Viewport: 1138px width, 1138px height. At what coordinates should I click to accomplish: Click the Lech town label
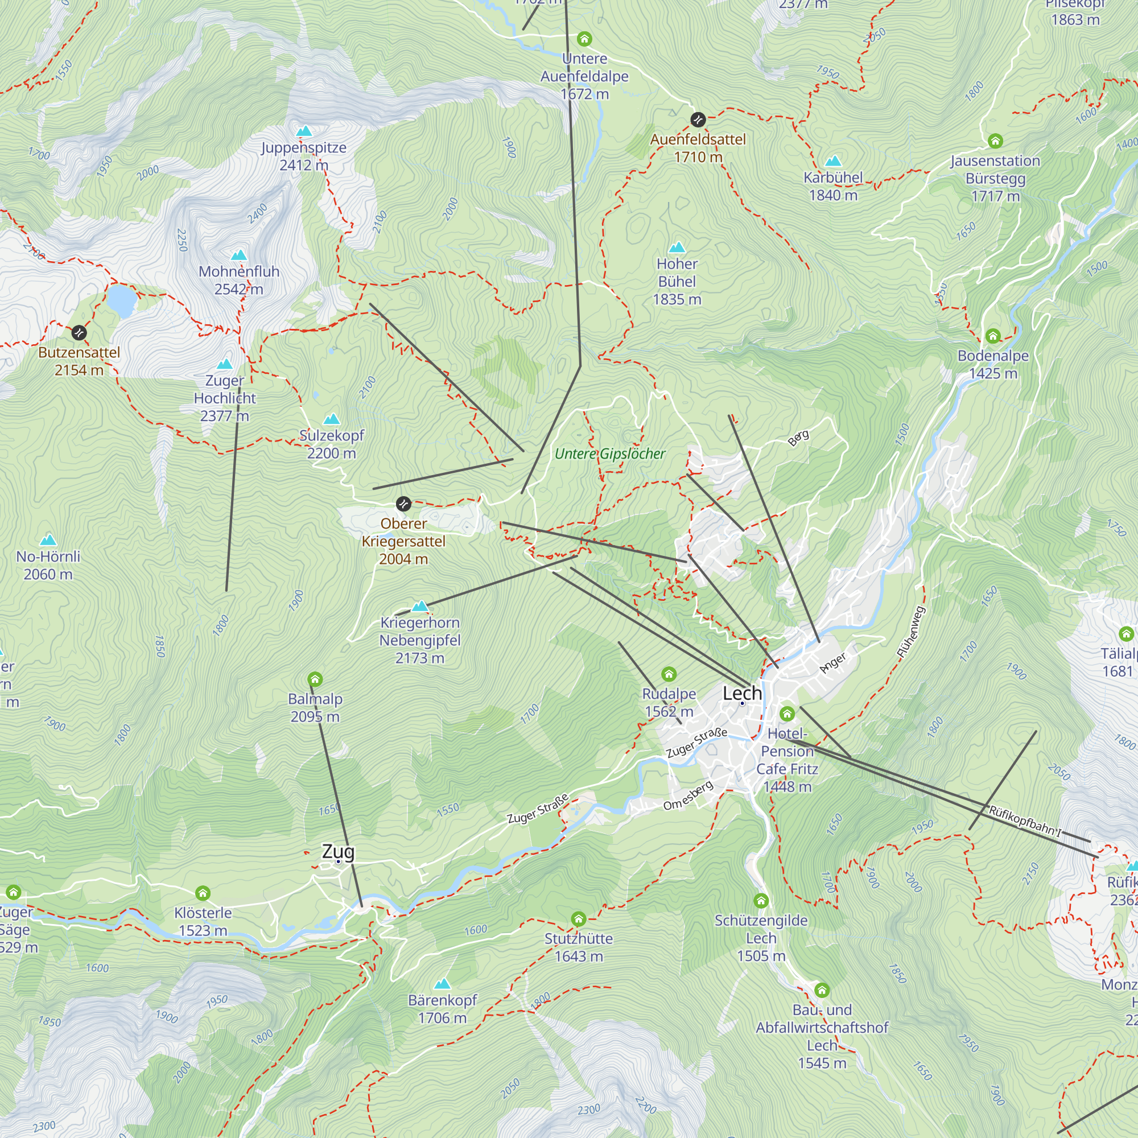pos(742,693)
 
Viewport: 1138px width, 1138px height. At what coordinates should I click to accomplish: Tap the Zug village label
pos(338,852)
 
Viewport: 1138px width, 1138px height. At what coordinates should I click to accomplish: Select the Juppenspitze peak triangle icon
pos(304,131)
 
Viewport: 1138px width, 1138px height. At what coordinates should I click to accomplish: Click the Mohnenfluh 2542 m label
pos(238,281)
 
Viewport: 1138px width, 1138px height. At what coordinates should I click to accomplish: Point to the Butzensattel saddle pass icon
pos(79,333)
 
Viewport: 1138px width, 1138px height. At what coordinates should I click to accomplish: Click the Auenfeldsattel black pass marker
pos(698,119)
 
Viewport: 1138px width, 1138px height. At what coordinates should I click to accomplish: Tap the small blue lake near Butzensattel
pos(122,300)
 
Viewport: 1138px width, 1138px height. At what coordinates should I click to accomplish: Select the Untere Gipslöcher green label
pos(609,453)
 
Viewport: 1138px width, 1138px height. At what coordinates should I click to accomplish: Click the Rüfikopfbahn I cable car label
pos(1024,820)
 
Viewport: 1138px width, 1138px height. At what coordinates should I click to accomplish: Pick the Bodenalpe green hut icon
pos(993,336)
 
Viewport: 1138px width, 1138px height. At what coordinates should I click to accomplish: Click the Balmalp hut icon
pos(315,680)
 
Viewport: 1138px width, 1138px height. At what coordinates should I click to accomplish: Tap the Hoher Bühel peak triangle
pos(677,247)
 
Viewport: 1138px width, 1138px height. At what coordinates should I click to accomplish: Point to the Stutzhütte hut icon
pos(579,919)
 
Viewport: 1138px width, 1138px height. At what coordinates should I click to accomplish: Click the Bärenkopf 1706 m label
pos(442,1009)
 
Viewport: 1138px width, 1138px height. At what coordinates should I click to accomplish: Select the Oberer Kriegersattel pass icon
pos(403,504)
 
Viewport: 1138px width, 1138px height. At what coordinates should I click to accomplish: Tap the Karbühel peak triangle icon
pos(833,161)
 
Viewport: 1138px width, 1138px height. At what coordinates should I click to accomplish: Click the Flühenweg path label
pos(911,632)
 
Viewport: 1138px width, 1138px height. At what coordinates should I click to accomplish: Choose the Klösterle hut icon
pos(203,893)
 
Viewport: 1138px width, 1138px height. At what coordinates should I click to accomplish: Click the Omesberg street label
pos(688,795)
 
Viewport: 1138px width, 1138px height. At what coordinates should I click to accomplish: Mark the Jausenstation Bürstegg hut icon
pos(995,141)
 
